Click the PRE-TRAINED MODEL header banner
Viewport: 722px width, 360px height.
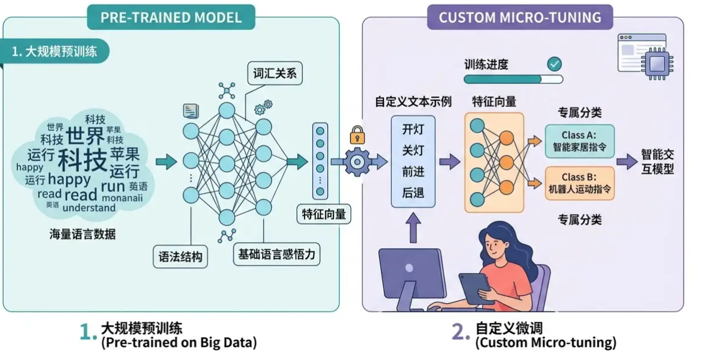coord(170,17)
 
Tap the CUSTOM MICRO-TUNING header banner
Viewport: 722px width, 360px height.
coord(519,17)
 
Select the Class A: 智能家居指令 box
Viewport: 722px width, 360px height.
coord(579,141)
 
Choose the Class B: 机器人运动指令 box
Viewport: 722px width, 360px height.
coord(579,183)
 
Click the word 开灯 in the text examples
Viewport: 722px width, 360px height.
coord(413,129)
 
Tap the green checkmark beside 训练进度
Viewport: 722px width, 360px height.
coord(555,63)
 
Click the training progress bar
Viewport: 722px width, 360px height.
coord(513,79)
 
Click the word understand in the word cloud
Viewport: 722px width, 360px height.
coord(89,208)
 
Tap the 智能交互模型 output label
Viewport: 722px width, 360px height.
coord(657,161)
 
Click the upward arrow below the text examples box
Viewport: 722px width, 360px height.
coord(413,227)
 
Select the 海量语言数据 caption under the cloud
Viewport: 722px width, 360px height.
coord(83,234)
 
